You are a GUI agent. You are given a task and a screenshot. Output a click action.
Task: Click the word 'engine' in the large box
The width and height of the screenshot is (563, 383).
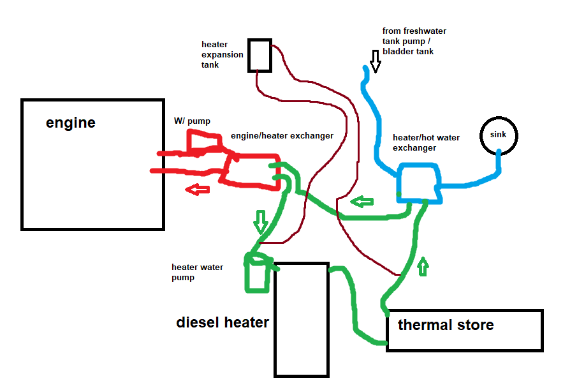[71, 123]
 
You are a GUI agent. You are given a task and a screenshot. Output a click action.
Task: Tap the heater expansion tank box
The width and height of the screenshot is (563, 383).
[260, 55]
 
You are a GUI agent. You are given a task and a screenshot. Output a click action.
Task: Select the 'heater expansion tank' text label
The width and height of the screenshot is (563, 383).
[222, 55]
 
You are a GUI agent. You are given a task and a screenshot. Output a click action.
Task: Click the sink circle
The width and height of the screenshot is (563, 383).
[498, 135]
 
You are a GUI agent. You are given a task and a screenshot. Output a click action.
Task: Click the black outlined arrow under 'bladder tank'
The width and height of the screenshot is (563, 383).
[375, 63]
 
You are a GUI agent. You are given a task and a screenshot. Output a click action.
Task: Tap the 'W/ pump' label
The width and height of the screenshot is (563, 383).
[192, 121]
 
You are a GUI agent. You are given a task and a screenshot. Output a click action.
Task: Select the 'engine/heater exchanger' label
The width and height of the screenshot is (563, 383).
[282, 136]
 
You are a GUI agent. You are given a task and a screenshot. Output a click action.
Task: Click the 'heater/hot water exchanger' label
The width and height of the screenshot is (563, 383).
[426, 142]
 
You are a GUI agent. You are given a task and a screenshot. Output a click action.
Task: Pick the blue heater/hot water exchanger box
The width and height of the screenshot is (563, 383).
[418, 183]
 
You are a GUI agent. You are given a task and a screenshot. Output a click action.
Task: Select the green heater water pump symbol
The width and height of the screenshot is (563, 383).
[258, 273]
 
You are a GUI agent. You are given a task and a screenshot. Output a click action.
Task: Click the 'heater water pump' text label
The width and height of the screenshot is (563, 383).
[197, 273]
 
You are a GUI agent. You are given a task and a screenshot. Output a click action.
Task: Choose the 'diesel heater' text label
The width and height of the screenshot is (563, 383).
[223, 322]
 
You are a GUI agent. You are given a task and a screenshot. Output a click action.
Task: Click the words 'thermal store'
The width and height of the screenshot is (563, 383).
[446, 325]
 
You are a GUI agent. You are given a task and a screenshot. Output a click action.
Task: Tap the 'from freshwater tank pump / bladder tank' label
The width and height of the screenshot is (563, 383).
[414, 41]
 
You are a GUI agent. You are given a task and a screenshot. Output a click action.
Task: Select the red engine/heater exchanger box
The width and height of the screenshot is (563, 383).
[252, 170]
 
